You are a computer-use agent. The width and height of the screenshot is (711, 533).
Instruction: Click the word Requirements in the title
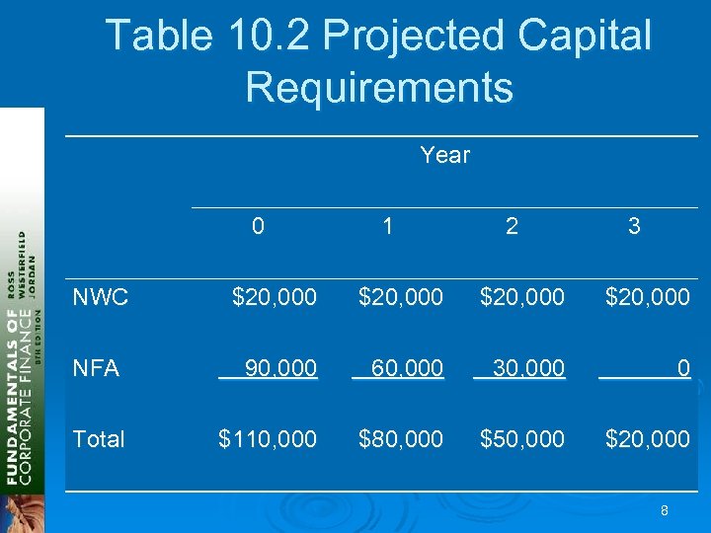coord(379,86)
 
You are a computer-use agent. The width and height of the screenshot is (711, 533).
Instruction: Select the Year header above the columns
coord(444,155)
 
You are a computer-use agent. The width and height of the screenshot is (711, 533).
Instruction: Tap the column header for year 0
coord(258,226)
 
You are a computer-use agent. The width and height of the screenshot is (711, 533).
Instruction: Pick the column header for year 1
coord(388,226)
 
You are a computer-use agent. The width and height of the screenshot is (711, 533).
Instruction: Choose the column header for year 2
coord(511,226)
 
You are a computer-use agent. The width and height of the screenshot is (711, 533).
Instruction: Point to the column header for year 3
coord(634,226)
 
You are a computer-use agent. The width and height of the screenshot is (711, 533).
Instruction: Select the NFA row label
coord(96,368)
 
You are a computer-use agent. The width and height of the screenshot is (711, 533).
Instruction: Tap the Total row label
coord(99,439)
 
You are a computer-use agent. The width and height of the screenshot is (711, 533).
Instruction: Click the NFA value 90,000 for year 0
coord(280,368)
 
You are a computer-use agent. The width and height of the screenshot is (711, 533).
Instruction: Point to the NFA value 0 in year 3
coord(682,368)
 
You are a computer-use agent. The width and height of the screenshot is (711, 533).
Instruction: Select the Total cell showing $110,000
coord(268,439)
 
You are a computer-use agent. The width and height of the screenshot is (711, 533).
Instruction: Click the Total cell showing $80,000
coord(401,439)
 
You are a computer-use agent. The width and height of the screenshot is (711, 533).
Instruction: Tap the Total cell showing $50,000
coord(522,439)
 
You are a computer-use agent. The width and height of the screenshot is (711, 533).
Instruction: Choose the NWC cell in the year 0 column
coord(274,296)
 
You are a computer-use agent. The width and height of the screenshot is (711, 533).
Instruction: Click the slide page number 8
coord(665,510)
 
